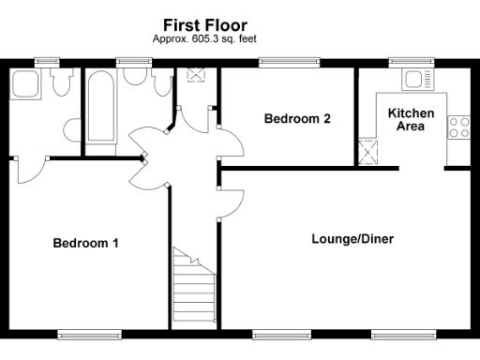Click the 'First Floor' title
(x=204, y=24)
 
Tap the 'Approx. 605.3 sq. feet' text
(x=204, y=38)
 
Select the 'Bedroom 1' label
(x=85, y=243)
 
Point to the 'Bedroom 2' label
(x=297, y=119)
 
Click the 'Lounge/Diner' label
(x=352, y=239)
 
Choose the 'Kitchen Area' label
(x=411, y=119)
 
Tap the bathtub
(x=98, y=108)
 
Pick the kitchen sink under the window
(x=409, y=83)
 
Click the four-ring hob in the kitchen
(x=458, y=127)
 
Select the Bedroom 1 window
(x=89, y=334)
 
